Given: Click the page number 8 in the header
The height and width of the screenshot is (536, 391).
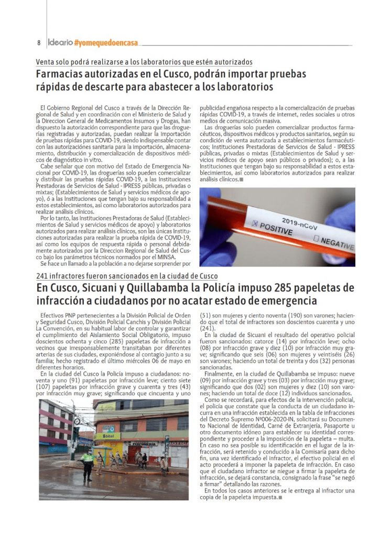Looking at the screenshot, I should point(39,42).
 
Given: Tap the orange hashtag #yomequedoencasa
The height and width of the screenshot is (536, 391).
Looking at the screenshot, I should point(106,42).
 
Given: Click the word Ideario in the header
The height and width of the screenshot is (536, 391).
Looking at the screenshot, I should point(59,42).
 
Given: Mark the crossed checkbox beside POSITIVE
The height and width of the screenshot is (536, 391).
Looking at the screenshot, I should point(255,224).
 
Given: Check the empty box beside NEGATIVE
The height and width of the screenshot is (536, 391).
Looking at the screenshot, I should point(316,238).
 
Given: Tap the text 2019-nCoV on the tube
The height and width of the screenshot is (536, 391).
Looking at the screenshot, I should point(297,220).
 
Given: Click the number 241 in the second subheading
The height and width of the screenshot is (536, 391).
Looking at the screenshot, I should point(42,276).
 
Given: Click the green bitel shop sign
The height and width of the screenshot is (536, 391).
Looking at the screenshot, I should point(107,436).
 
